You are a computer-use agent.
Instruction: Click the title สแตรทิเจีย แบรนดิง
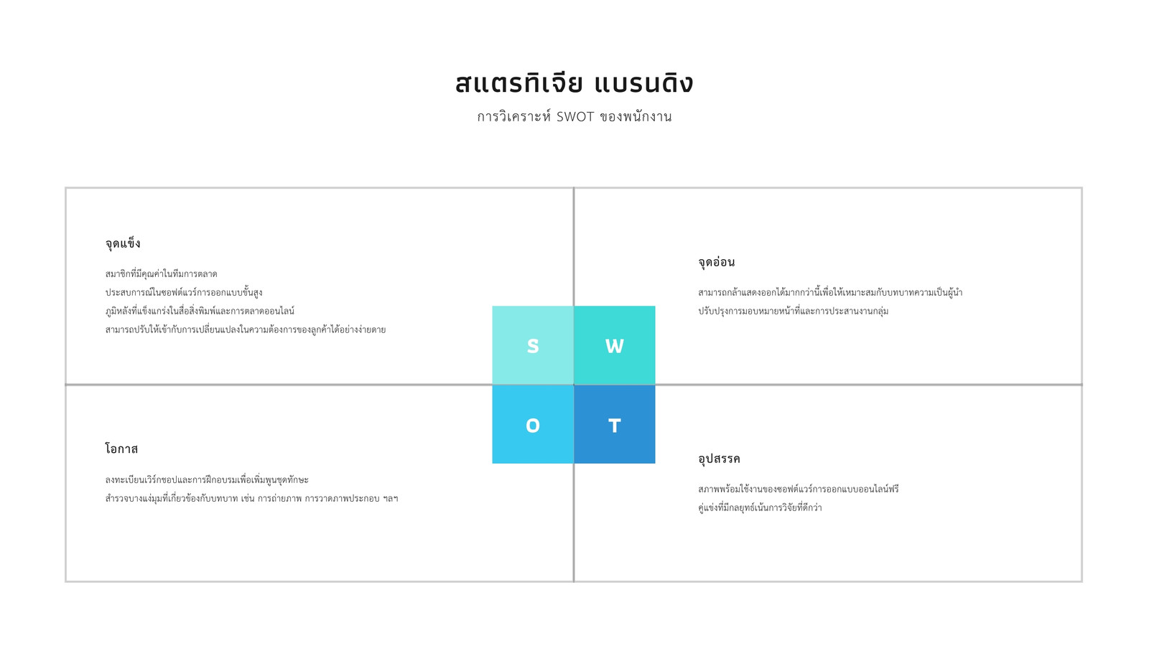click(574, 83)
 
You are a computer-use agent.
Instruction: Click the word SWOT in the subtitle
click(575, 117)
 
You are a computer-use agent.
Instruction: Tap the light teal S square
click(533, 345)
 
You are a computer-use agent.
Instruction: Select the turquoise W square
click(615, 345)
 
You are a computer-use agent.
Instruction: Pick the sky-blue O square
click(533, 424)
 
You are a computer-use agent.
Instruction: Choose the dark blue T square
click(615, 424)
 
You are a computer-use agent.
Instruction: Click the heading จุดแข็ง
click(123, 243)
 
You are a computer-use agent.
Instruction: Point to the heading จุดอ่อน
click(716, 262)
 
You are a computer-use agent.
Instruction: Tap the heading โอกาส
click(121, 449)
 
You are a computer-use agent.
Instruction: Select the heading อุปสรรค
click(719, 459)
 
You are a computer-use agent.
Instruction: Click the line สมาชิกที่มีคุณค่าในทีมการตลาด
click(161, 273)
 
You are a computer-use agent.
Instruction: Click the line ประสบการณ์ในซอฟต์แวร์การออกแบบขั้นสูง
click(184, 292)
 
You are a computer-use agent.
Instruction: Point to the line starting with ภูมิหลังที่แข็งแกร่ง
click(200, 311)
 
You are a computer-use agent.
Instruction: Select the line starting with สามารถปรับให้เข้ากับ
click(245, 329)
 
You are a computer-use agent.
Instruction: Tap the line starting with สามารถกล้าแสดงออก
click(830, 292)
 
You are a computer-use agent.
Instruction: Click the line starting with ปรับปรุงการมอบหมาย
click(793, 311)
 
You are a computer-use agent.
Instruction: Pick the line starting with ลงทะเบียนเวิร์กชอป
click(207, 479)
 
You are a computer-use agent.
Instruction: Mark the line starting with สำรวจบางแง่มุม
click(251, 498)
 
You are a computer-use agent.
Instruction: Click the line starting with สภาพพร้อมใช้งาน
click(798, 489)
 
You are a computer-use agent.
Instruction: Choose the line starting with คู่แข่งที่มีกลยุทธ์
click(760, 507)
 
